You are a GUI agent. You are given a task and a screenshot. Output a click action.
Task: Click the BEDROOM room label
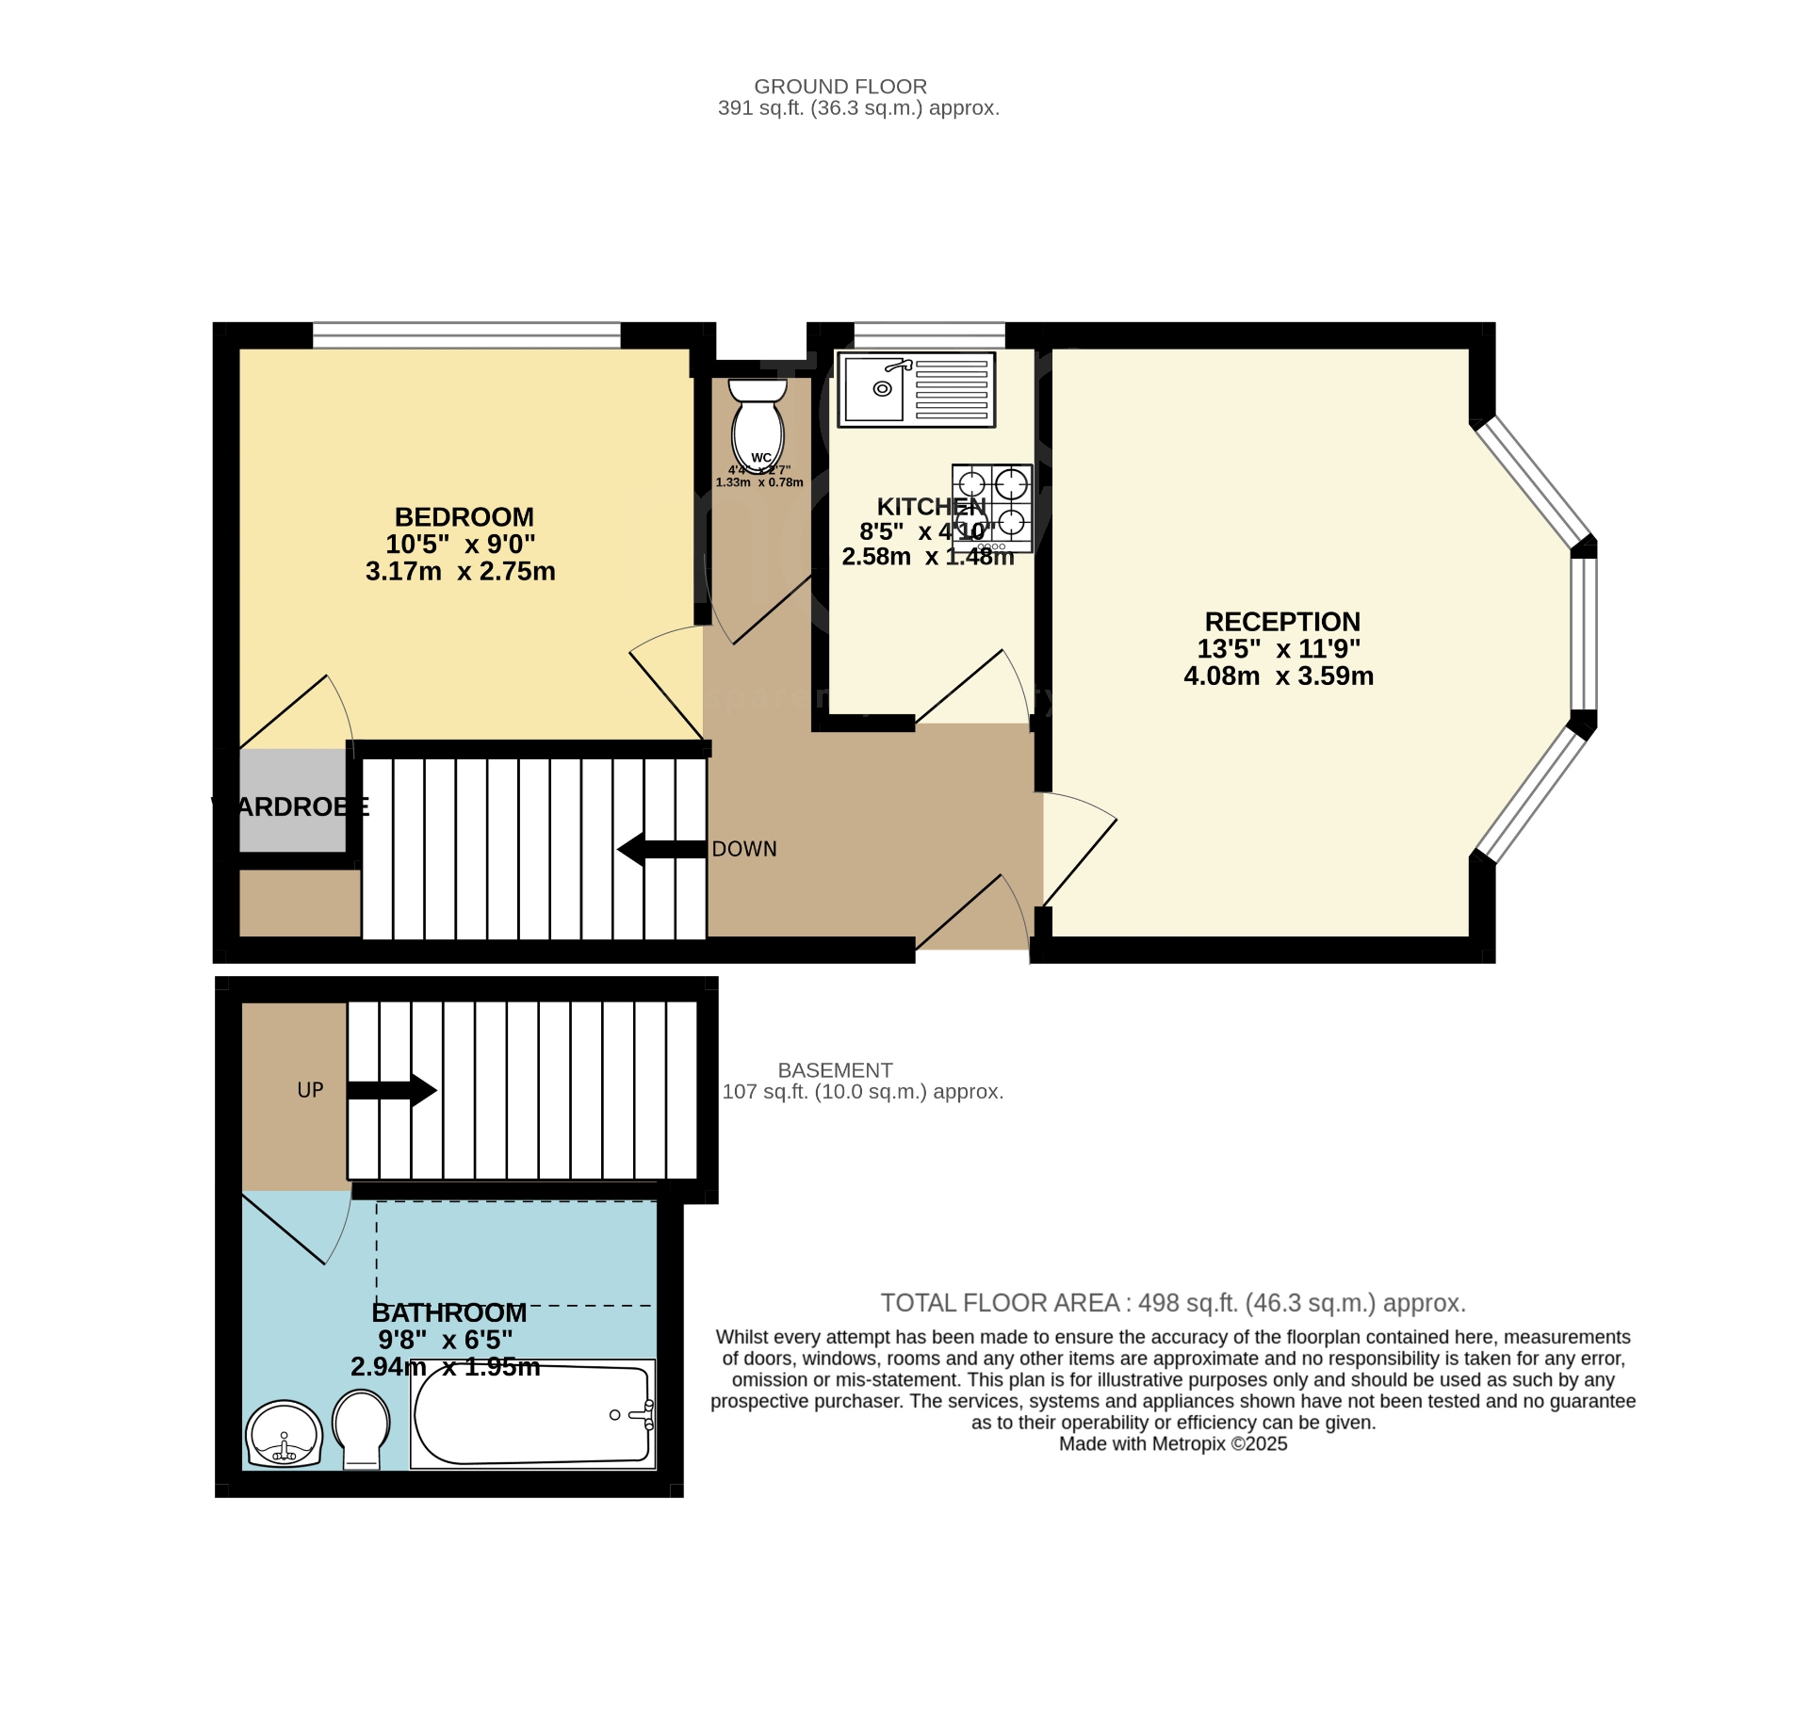(x=464, y=517)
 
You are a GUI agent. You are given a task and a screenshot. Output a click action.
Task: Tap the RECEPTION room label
(x=1282, y=622)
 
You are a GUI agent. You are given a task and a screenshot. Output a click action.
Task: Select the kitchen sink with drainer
(x=916, y=389)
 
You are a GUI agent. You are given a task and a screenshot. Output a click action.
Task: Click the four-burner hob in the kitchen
(x=992, y=507)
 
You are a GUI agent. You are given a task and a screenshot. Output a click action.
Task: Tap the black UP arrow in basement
(x=391, y=1090)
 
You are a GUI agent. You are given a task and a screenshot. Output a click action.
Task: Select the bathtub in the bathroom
(x=533, y=1414)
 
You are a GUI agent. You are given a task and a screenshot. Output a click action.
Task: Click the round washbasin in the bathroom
(x=284, y=1434)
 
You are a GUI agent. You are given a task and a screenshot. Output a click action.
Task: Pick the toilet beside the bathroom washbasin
(x=361, y=1429)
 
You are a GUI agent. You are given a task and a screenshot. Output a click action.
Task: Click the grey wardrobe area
(x=292, y=801)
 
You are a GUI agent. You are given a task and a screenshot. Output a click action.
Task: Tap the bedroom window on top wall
(x=466, y=335)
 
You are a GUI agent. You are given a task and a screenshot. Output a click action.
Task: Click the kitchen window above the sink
(x=929, y=335)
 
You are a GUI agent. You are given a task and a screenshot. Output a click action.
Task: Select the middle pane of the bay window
(x=1584, y=633)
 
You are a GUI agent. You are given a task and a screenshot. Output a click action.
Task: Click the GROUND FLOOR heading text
(x=840, y=87)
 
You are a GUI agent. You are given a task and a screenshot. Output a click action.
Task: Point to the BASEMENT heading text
(x=835, y=1070)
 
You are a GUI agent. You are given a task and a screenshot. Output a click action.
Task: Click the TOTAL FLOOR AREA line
(x=1173, y=1303)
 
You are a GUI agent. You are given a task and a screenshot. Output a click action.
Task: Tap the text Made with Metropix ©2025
(x=1173, y=1444)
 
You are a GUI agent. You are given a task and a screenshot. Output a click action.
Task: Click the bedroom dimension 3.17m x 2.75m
(x=460, y=572)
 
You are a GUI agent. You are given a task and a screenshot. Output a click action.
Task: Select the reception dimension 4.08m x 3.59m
(x=1279, y=676)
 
